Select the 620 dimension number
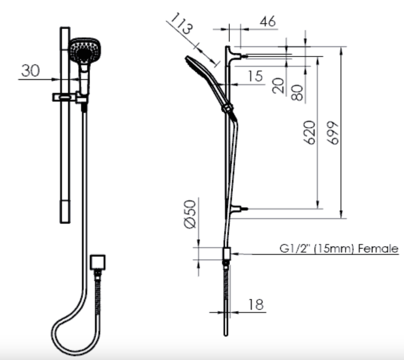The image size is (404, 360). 310,133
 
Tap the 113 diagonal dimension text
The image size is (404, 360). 181,24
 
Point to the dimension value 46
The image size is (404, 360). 268,21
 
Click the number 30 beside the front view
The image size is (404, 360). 31,71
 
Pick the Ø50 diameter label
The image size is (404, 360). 190,214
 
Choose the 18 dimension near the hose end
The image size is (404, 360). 256,304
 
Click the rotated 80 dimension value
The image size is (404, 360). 298,93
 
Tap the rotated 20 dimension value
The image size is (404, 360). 279,85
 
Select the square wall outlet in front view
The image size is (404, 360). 98,262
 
